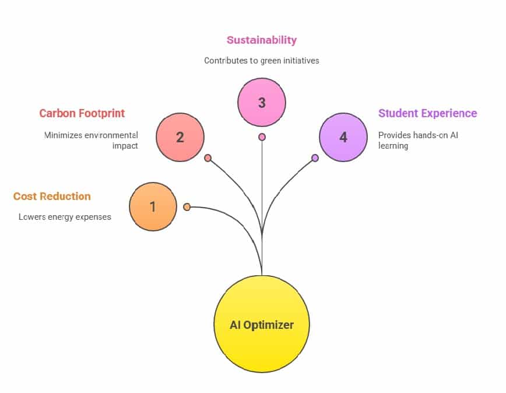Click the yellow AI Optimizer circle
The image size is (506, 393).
pos(262,324)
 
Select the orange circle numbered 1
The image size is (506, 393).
pos(153,206)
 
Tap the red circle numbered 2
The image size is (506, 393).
pos(180,138)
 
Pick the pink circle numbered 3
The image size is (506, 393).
pos(262,103)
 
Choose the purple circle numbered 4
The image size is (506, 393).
pos(343,138)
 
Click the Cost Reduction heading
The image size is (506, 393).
pos(52,196)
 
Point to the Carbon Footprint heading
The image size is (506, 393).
pos(82,113)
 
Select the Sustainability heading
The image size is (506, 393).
pos(262,40)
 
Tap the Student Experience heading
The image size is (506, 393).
pos(427,113)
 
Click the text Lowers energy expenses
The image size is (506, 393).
pos(65,217)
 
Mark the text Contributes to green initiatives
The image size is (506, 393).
pos(262,60)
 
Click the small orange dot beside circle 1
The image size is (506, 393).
pos(187,207)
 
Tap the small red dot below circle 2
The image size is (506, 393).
pos(208,158)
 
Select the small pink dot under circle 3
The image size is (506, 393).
pos(262,137)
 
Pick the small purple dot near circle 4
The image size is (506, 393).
pos(315,158)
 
